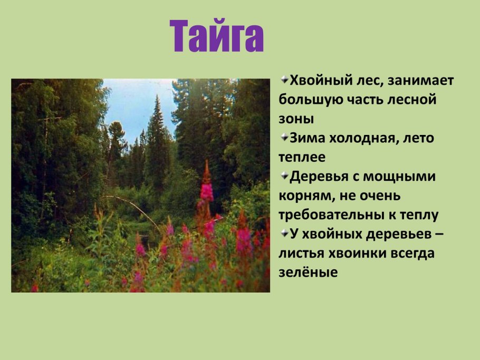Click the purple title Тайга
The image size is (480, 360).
tap(216, 35)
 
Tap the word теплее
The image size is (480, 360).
tap(302, 157)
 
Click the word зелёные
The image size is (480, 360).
tap(308, 272)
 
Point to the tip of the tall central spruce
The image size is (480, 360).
tap(157, 97)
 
